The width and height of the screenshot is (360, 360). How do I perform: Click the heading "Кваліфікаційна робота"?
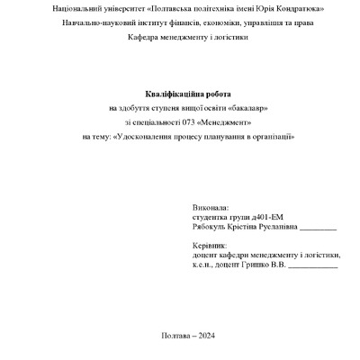(x=187, y=94)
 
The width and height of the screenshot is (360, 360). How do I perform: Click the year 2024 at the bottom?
(x=206, y=334)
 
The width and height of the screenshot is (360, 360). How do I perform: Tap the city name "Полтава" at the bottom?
(x=174, y=334)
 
